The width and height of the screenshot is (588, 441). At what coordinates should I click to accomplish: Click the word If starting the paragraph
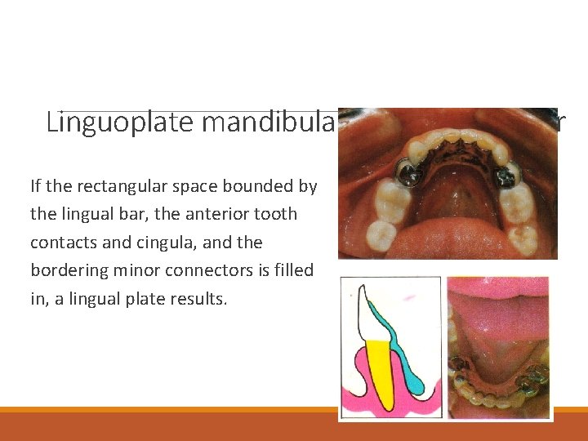point(37,186)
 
